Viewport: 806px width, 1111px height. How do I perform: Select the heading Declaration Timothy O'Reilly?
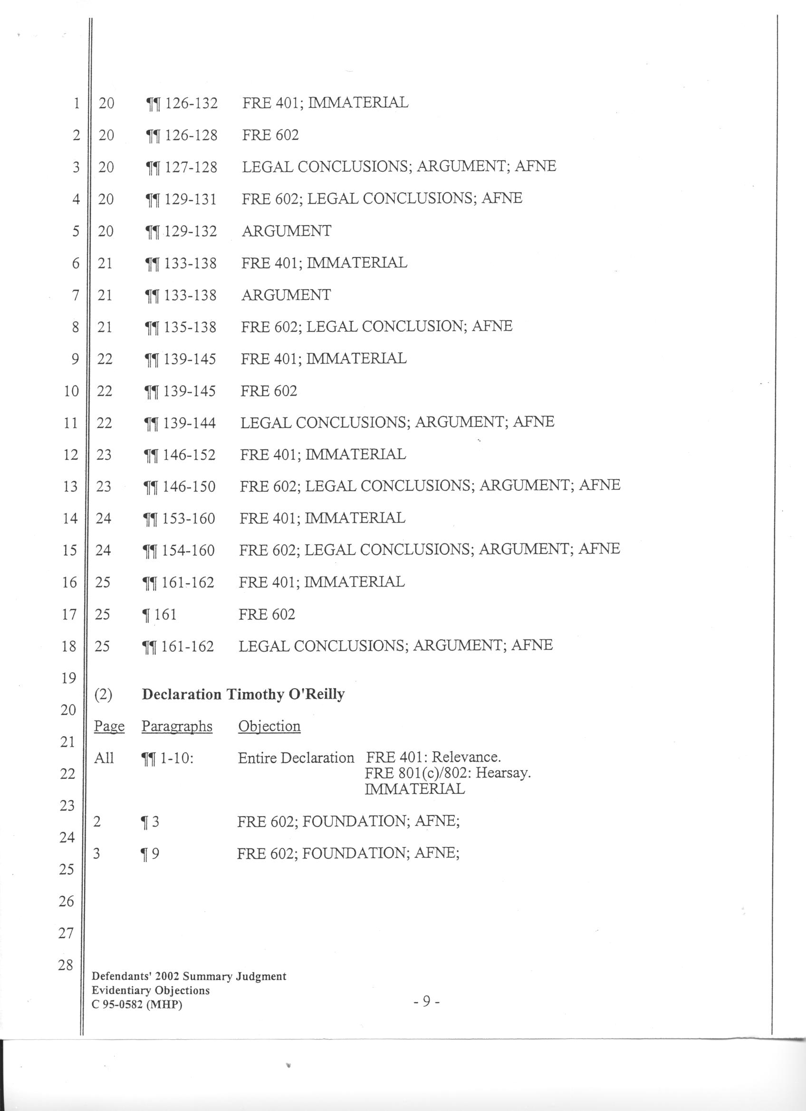[x=243, y=694]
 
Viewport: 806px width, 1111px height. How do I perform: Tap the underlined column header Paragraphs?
[x=177, y=726]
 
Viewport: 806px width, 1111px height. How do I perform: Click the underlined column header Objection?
[x=269, y=726]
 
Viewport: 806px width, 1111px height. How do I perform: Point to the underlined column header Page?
[x=109, y=726]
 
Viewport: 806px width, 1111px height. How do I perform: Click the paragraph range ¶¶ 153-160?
[x=179, y=518]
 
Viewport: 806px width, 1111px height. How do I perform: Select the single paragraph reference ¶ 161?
[x=159, y=614]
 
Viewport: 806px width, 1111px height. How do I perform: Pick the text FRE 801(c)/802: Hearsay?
[x=448, y=773]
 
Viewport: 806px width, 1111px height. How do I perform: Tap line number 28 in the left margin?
[x=66, y=965]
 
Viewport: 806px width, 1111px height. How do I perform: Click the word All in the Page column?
[x=104, y=758]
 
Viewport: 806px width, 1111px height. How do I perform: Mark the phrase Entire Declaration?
[x=296, y=758]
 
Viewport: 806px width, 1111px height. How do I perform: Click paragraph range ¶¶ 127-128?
[x=181, y=168]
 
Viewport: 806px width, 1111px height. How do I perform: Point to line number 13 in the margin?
[x=70, y=486]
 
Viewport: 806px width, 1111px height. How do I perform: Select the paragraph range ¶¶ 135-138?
[x=180, y=327]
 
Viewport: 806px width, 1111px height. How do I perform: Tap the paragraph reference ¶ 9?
[x=150, y=854]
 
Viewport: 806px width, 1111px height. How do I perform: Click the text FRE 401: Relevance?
[x=433, y=757]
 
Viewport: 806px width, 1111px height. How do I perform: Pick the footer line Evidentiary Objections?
[x=151, y=990]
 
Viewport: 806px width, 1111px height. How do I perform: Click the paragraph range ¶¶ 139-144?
[x=179, y=423]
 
